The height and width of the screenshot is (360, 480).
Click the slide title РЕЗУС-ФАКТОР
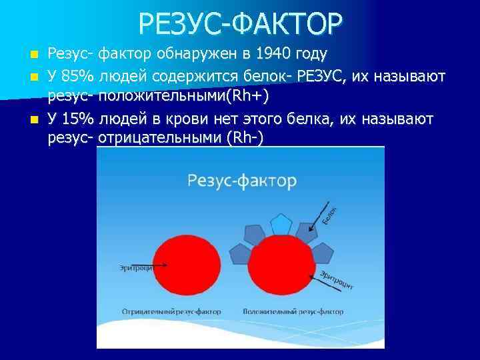click(x=241, y=23)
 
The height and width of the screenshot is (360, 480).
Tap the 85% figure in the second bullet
click(x=77, y=77)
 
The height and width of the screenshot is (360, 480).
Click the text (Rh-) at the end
click(x=245, y=139)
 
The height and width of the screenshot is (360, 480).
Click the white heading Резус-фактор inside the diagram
click(x=242, y=181)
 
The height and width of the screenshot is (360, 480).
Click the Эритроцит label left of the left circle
click(x=136, y=267)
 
